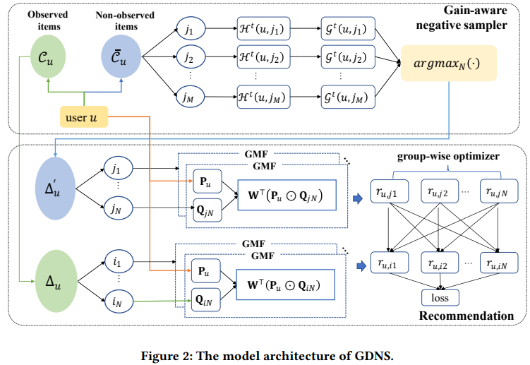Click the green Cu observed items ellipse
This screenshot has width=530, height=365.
coord(48,56)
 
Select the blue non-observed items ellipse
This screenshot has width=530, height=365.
coord(121,56)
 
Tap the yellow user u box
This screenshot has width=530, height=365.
coord(84,117)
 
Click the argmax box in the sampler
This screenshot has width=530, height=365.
coord(449,64)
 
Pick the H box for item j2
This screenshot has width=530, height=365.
coord(263,56)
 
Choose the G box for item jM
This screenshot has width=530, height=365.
coord(348,97)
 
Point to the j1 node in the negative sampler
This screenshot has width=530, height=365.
coord(191,29)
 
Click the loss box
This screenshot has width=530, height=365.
coord(440,298)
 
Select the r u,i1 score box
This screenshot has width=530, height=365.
coord(390,263)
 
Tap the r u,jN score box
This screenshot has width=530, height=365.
coord(499,191)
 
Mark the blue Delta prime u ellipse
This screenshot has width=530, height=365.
coord(55,189)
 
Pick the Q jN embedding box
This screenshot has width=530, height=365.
coord(207,210)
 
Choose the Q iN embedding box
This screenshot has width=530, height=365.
coord(205,300)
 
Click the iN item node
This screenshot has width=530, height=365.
coord(119,301)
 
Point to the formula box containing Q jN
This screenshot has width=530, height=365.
coord(287,195)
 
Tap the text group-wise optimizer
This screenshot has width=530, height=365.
coord(448,156)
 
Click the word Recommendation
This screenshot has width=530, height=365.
coord(466,316)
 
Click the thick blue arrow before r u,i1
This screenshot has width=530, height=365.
coord(361,266)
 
